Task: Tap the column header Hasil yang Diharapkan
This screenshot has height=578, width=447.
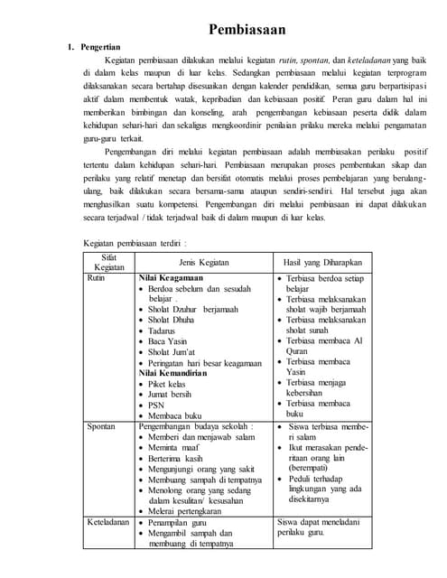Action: coord(321,262)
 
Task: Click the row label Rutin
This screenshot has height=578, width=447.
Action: coord(96,279)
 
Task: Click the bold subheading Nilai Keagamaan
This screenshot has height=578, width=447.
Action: coord(171,279)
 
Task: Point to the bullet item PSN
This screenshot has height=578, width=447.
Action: coord(157,405)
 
